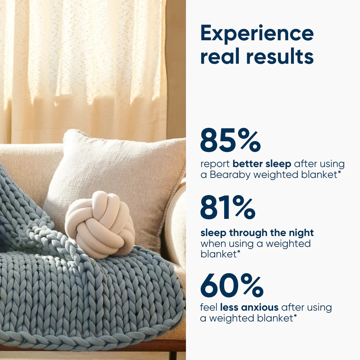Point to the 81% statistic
228,207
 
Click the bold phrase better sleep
262,164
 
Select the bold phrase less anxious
249,307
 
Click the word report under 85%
215,164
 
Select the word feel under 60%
209,307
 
